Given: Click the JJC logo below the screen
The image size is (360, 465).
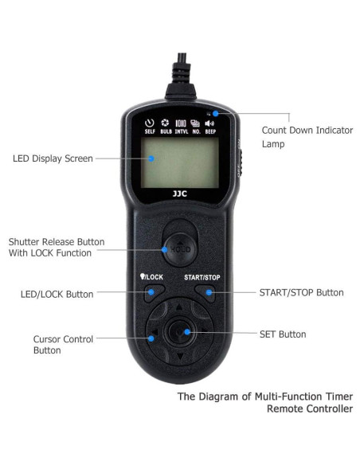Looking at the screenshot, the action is (x=180, y=193).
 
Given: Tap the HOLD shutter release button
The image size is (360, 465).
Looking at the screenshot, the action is (x=180, y=250).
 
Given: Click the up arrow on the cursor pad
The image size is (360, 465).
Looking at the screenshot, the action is (x=179, y=307).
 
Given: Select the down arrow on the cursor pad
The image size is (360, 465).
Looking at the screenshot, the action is (x=180, y=356).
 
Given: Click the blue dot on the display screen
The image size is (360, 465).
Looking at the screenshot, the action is (x=151, y=158).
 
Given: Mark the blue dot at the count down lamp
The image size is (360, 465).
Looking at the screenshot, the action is (x=216, y=113).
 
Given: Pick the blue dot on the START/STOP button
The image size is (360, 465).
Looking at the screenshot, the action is (x=209, y=293).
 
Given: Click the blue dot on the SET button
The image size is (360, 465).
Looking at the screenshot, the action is (x=187, y=332).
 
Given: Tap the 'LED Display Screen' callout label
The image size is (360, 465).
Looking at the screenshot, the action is (x=53, y=158).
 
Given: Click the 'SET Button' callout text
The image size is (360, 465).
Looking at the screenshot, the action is (x=283, y=334).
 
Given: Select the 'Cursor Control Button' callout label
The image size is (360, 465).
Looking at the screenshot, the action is (x=63, y=345).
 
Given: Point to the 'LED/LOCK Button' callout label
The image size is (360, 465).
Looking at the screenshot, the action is (x=57, y=294).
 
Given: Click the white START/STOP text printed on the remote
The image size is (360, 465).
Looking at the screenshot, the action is (x=202, y=277).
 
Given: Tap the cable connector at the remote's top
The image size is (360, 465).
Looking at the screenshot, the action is (x=181, y=76).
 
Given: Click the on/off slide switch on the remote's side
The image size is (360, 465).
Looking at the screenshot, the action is (x=241, y=162).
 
